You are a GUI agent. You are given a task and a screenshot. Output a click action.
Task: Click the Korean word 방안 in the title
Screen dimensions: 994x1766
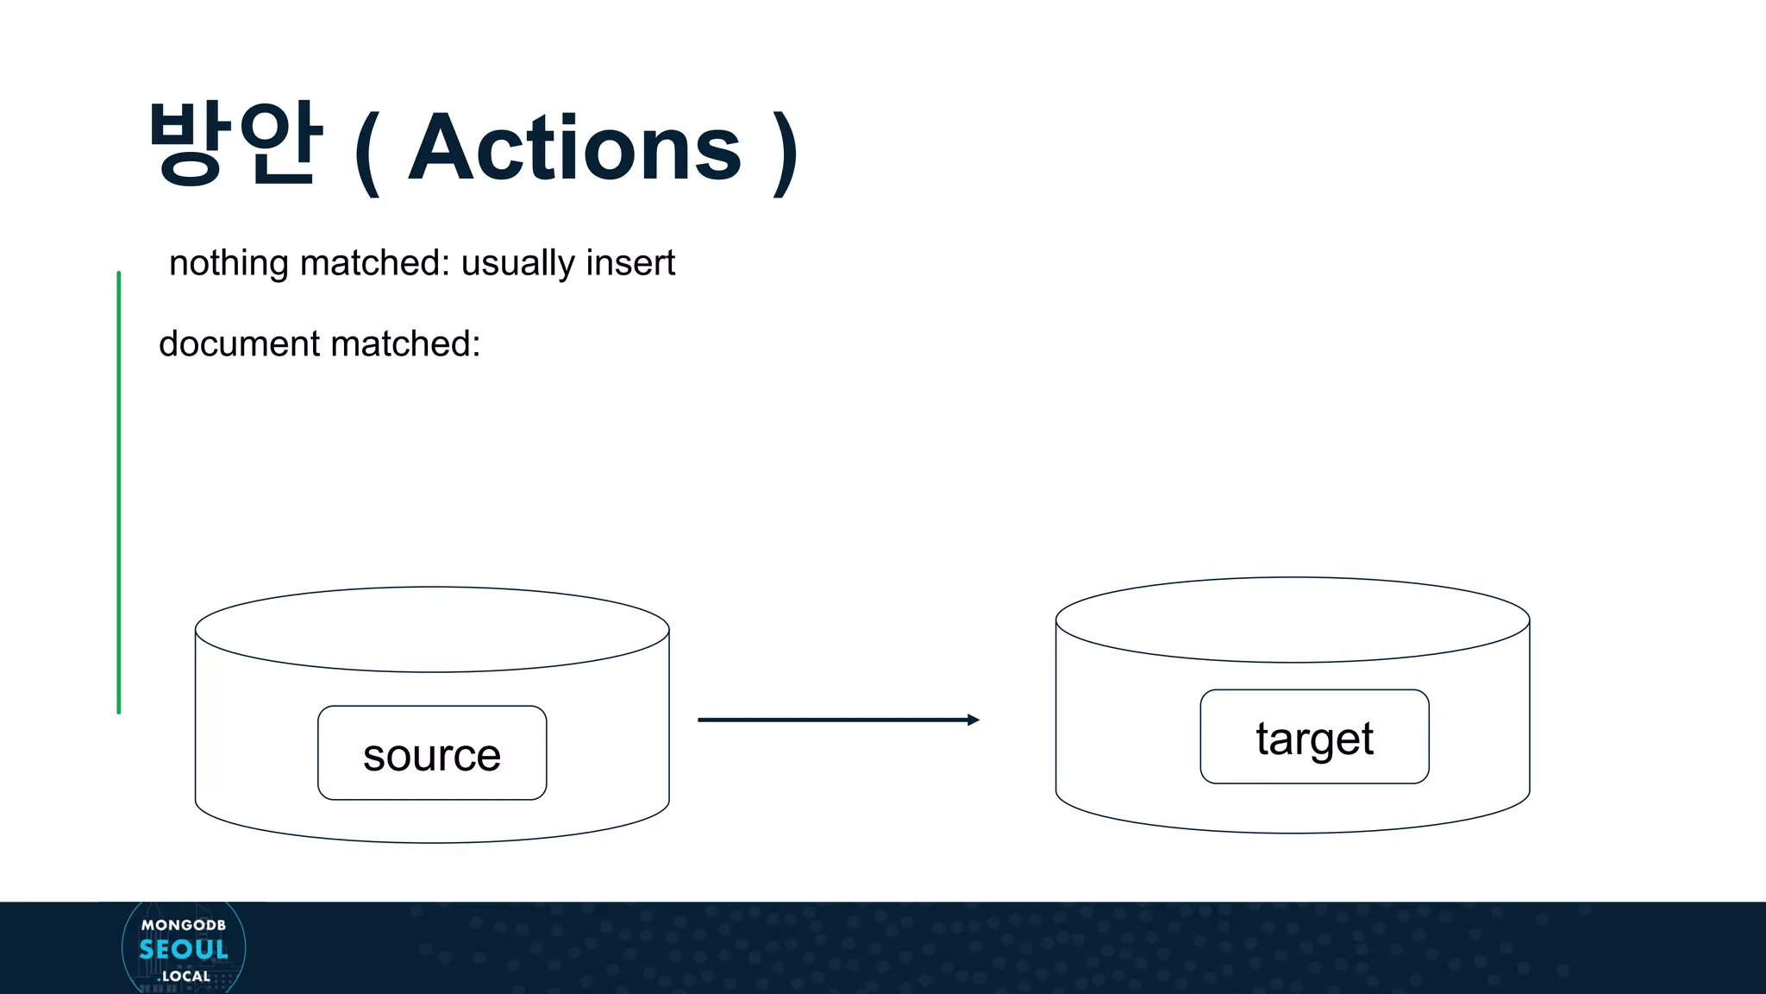coord(235,143)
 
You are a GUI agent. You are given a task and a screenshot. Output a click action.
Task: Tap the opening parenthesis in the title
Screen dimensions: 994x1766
coord(366,154)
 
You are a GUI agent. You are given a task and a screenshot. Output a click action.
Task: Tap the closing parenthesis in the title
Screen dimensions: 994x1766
coord(785,154)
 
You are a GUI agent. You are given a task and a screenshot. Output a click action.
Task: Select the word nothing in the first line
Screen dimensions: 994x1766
coord(229,263)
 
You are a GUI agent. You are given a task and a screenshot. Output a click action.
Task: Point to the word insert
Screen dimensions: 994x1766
coord(629,263)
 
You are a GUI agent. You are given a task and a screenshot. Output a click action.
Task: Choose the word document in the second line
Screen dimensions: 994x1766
coord(240,343)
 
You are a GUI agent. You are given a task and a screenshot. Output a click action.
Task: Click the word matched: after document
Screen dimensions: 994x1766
coord(405,343)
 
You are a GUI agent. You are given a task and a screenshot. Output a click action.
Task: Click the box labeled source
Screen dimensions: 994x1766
coord(432,753)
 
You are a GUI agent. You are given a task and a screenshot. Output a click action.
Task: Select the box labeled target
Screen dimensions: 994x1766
coord(1314,737)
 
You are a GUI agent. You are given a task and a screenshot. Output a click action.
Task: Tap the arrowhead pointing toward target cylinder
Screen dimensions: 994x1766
coord(974,720)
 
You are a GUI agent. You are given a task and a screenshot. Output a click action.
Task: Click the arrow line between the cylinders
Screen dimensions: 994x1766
coord(828,720)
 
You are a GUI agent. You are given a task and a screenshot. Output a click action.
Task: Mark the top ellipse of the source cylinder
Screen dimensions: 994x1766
coord(432,629)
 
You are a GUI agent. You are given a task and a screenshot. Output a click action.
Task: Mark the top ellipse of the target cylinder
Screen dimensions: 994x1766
coord(1293,620)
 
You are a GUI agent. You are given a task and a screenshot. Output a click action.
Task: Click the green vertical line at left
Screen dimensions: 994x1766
coord(119,492)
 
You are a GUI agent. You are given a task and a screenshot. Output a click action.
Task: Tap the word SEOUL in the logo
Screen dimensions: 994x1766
coord(184,950)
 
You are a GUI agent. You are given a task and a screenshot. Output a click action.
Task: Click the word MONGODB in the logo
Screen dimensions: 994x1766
coord(184,925)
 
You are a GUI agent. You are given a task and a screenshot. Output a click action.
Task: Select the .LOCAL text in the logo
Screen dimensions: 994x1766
coord(185,976)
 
